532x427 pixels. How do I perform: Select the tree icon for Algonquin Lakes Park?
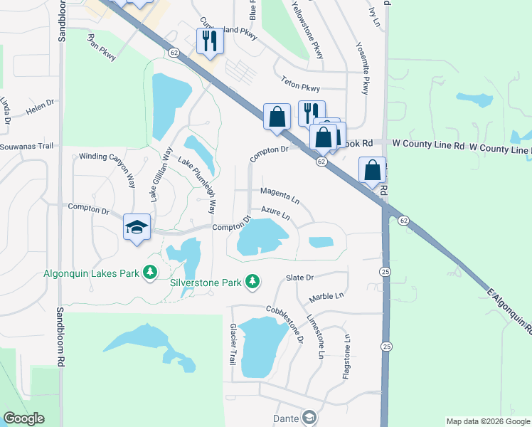[x=149, y=273]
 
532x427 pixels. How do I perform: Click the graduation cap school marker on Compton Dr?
[x=137, y=228]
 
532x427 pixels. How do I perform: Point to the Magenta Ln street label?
[x=280, y=193]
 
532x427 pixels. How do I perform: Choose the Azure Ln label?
[x=276, y=212]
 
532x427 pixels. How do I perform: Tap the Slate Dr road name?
[x=299, y=278]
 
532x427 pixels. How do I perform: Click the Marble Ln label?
[x=326, y=295]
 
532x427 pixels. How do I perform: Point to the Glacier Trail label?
[x=232, y=345]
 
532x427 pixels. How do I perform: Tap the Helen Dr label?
[x=40, y=107]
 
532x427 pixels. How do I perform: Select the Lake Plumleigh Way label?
[x=196, y=185]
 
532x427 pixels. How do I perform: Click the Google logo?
[x=24, y=418]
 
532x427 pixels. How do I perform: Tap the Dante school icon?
[x=309, y=418]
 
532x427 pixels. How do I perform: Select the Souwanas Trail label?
[x=26, y=146]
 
